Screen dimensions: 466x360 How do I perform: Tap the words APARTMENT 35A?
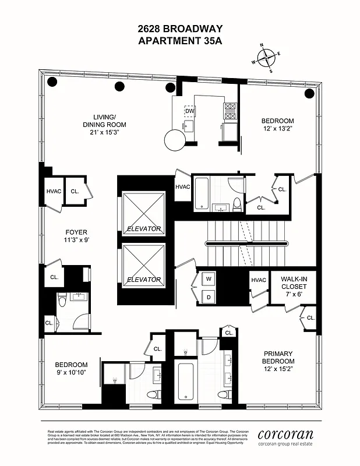click(180, 41)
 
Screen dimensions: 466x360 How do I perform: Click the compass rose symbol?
click(267, 58)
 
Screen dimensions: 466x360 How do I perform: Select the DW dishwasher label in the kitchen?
click(190, 111)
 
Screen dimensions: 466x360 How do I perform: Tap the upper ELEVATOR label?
click(144, 229)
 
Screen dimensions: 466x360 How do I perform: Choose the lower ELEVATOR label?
click(144, 280)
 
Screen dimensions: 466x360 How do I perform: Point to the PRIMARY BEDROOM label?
click(278, 357)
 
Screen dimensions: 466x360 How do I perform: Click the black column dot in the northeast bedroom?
click(309, 93)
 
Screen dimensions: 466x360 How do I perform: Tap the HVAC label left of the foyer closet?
click(53, 190)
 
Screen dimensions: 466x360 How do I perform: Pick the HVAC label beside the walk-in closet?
click(258, 280)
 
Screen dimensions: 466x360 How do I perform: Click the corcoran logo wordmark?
click(285, 434)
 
